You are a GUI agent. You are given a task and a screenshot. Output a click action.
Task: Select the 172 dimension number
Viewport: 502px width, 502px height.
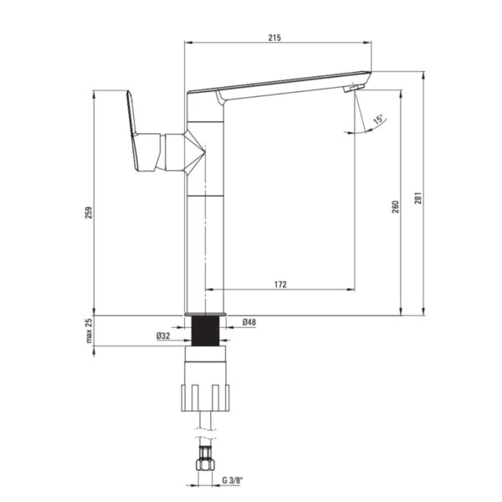pos(280,284)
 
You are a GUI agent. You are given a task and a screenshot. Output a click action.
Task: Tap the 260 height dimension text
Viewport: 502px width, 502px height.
pos(395,206)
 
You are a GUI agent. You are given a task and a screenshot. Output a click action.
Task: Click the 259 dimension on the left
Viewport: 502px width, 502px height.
pos(90,213)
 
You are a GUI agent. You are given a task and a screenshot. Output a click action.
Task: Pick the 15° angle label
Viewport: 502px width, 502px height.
pos(379,120)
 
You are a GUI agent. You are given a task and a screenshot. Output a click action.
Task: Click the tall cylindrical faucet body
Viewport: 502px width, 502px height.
pos(205,226)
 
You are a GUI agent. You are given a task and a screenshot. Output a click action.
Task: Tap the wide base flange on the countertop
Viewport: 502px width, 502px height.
pos(204,313)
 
